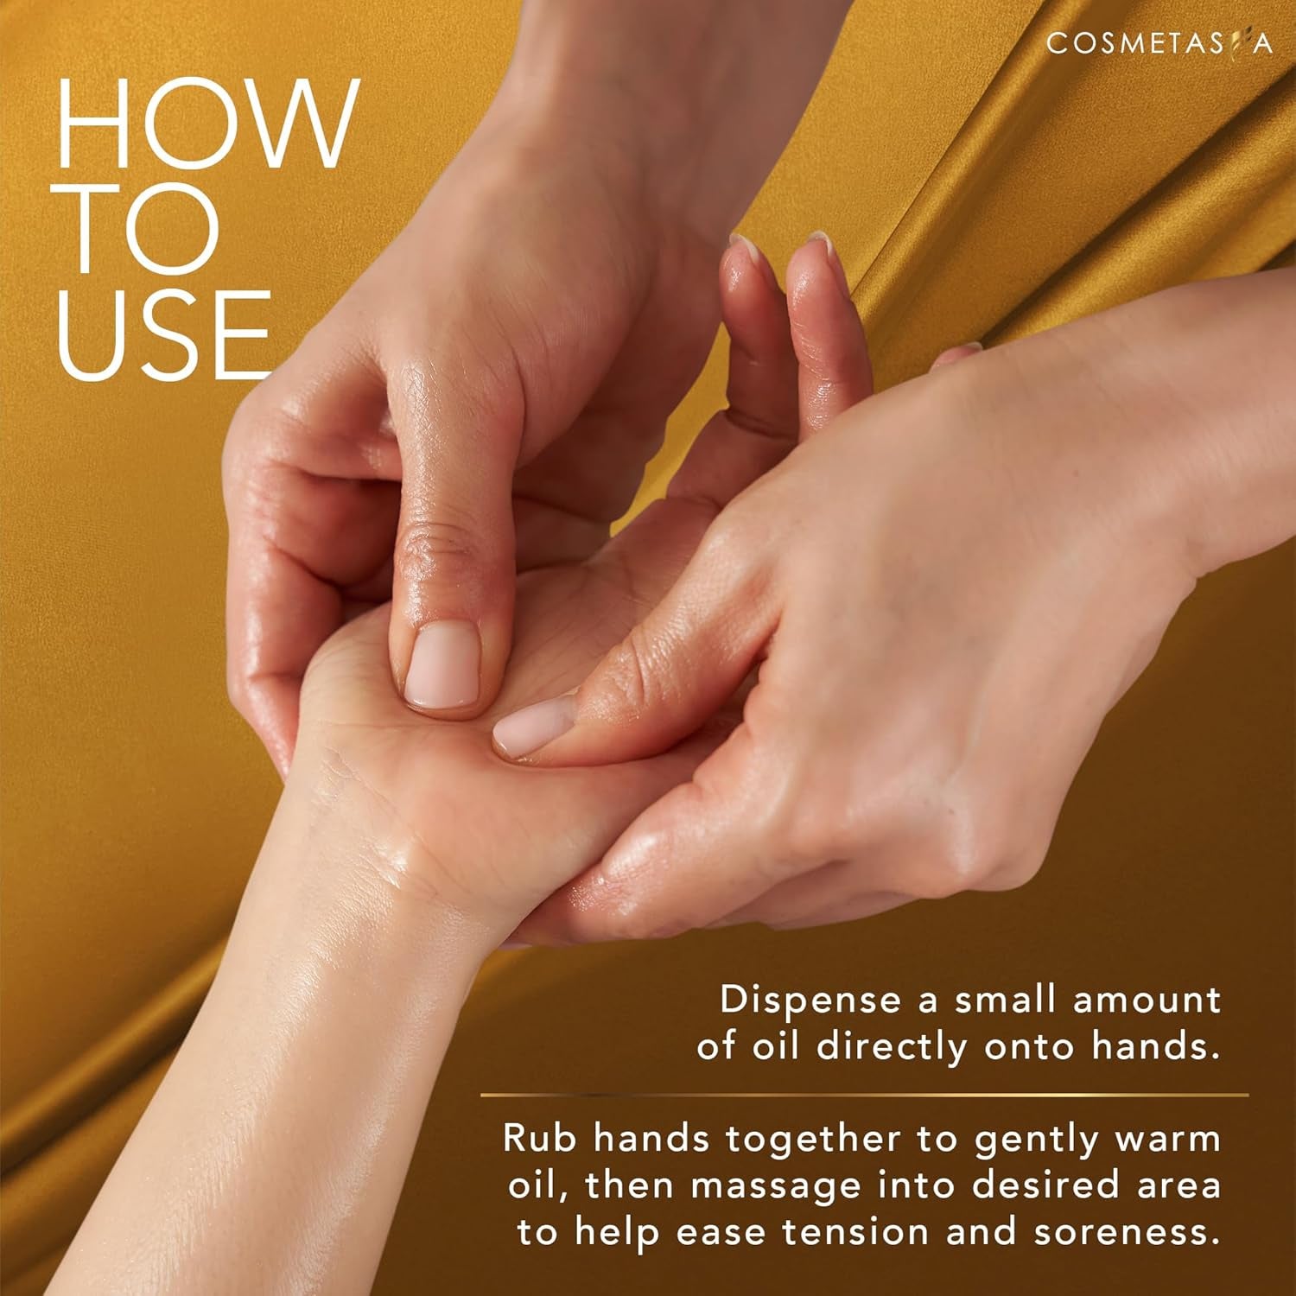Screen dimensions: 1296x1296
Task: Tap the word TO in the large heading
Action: pyautogui.click(x=138, y=230)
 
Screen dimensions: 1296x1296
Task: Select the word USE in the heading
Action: pyautogui.click(x=164, y=335)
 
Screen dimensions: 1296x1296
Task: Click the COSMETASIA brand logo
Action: pyautogui.click(x=1159, y=43)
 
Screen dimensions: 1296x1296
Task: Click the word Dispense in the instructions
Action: pyautogui.click(x=810, y=1000)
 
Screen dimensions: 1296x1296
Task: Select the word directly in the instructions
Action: pyautogui.click(x=893, y=1046)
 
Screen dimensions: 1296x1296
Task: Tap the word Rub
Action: pyautogui.click(x=539, y=1138)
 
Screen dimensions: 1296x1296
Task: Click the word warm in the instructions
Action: pyautogui.click(x=1167, y=1138)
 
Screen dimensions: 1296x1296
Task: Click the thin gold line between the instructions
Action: pyautogui.click(x=864, y=1095)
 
